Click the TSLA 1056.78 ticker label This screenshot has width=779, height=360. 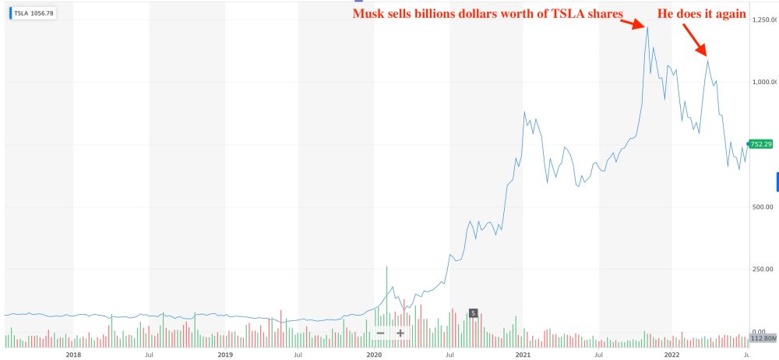32,14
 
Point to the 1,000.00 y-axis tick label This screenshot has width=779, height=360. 762,81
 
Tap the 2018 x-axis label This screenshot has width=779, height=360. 73,354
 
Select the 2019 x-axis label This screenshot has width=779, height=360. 224,354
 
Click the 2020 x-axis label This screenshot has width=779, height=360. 374,354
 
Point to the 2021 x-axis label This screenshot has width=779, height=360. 523,354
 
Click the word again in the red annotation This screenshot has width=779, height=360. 730,14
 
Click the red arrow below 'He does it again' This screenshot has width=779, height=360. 694,40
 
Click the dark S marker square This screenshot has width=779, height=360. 473,313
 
